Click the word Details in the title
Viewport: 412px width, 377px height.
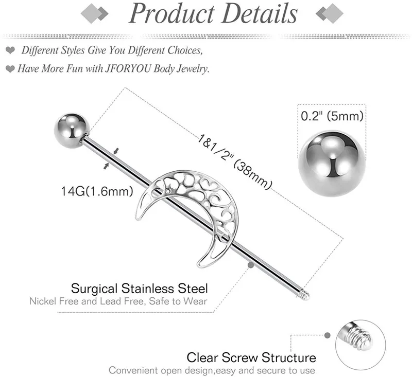pos(261,14)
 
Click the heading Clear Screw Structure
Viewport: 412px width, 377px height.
pos(251,357)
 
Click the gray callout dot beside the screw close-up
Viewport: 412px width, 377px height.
pos(327,335)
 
